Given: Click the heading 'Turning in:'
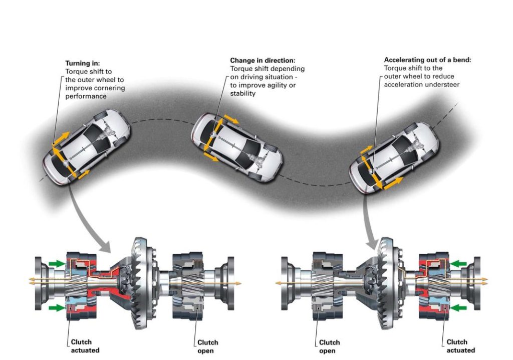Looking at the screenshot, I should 83,64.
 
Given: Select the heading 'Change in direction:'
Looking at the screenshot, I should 263,60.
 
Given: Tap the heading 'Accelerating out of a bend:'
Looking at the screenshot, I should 427,60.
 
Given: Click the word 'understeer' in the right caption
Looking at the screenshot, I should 443,84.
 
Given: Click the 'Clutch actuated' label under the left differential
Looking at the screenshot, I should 85,346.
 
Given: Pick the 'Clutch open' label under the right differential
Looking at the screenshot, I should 329,346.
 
